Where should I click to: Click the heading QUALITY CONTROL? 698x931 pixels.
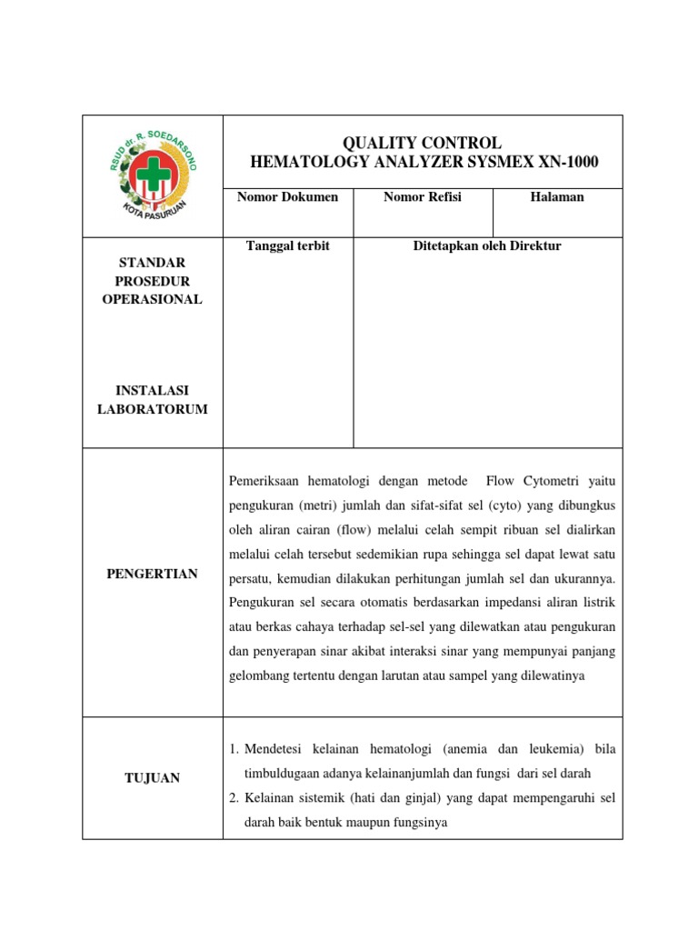[422, 143]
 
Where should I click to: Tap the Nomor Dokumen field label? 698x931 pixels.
[287, 197]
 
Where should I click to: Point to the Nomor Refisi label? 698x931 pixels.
[423, 197]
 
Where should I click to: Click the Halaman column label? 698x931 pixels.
[557, 197]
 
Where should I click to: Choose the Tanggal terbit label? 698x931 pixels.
[287, 246]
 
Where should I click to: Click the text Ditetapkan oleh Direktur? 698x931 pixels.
[487, 246]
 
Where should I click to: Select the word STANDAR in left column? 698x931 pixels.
[152, 264]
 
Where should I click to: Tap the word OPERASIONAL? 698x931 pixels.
[152, 300]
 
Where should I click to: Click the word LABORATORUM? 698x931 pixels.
[152, 409]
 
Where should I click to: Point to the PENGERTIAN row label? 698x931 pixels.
[152, 574]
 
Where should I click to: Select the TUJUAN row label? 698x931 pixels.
[152, 777]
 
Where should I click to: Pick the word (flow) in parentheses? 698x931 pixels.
[353, 529]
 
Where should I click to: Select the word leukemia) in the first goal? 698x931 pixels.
[553, 749]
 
